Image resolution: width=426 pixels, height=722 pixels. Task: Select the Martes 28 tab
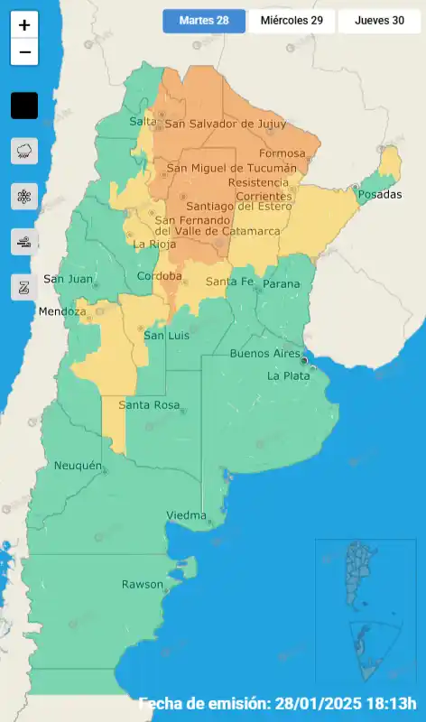[204, 21]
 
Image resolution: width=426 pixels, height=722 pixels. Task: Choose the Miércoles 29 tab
[292, 21]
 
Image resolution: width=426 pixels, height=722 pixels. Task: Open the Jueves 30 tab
[379, 21]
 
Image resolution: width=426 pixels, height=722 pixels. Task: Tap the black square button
[24, 106]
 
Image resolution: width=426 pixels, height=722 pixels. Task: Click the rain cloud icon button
[24, 151]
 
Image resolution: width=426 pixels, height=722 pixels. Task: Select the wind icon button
[24, 241]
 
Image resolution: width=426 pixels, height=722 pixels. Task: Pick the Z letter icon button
[24, 287]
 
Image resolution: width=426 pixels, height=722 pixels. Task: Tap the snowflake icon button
[24, 196]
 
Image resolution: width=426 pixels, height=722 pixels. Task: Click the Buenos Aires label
[264, 354]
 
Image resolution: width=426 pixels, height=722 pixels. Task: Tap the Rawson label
[143, 585]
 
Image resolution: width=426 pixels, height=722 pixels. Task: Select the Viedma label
[186, 515]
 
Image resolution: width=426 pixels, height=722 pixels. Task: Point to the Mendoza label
[62, 312]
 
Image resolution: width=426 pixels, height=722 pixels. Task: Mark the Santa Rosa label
[149, 405]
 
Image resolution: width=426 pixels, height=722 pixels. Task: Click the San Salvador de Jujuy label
[225, 125]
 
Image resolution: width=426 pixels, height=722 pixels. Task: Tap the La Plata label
[288, 375]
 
